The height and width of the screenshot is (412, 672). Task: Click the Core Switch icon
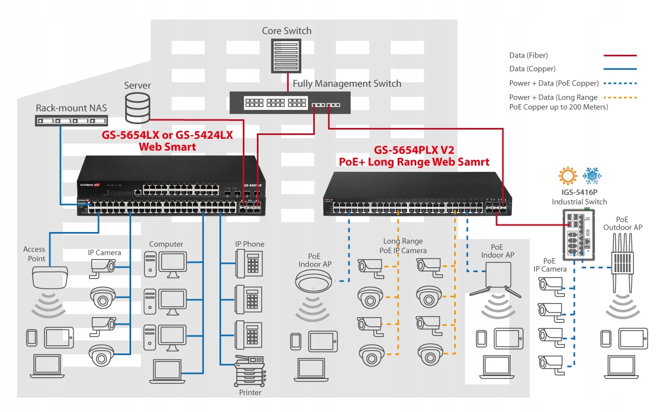click(x=286, y=56)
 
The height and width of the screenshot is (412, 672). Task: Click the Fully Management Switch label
click(x=347, y=83)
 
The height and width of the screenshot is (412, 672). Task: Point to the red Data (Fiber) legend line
click(x=620, y=55)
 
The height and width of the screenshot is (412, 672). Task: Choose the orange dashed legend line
click(x=620, y=98)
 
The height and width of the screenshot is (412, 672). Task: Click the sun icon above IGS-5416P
click(x=568, y=177)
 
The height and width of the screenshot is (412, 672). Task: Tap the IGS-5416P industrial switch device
click(x=579, y=234)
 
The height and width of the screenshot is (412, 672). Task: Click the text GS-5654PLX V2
click(x=413, y=150)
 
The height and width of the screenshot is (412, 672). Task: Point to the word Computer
click(x=166, y=244)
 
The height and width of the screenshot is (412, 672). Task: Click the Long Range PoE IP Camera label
click(x=404, y=246)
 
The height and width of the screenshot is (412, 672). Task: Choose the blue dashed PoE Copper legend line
click(x=620, y=83)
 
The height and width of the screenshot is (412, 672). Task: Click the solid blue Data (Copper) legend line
click(x=620, y=69)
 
